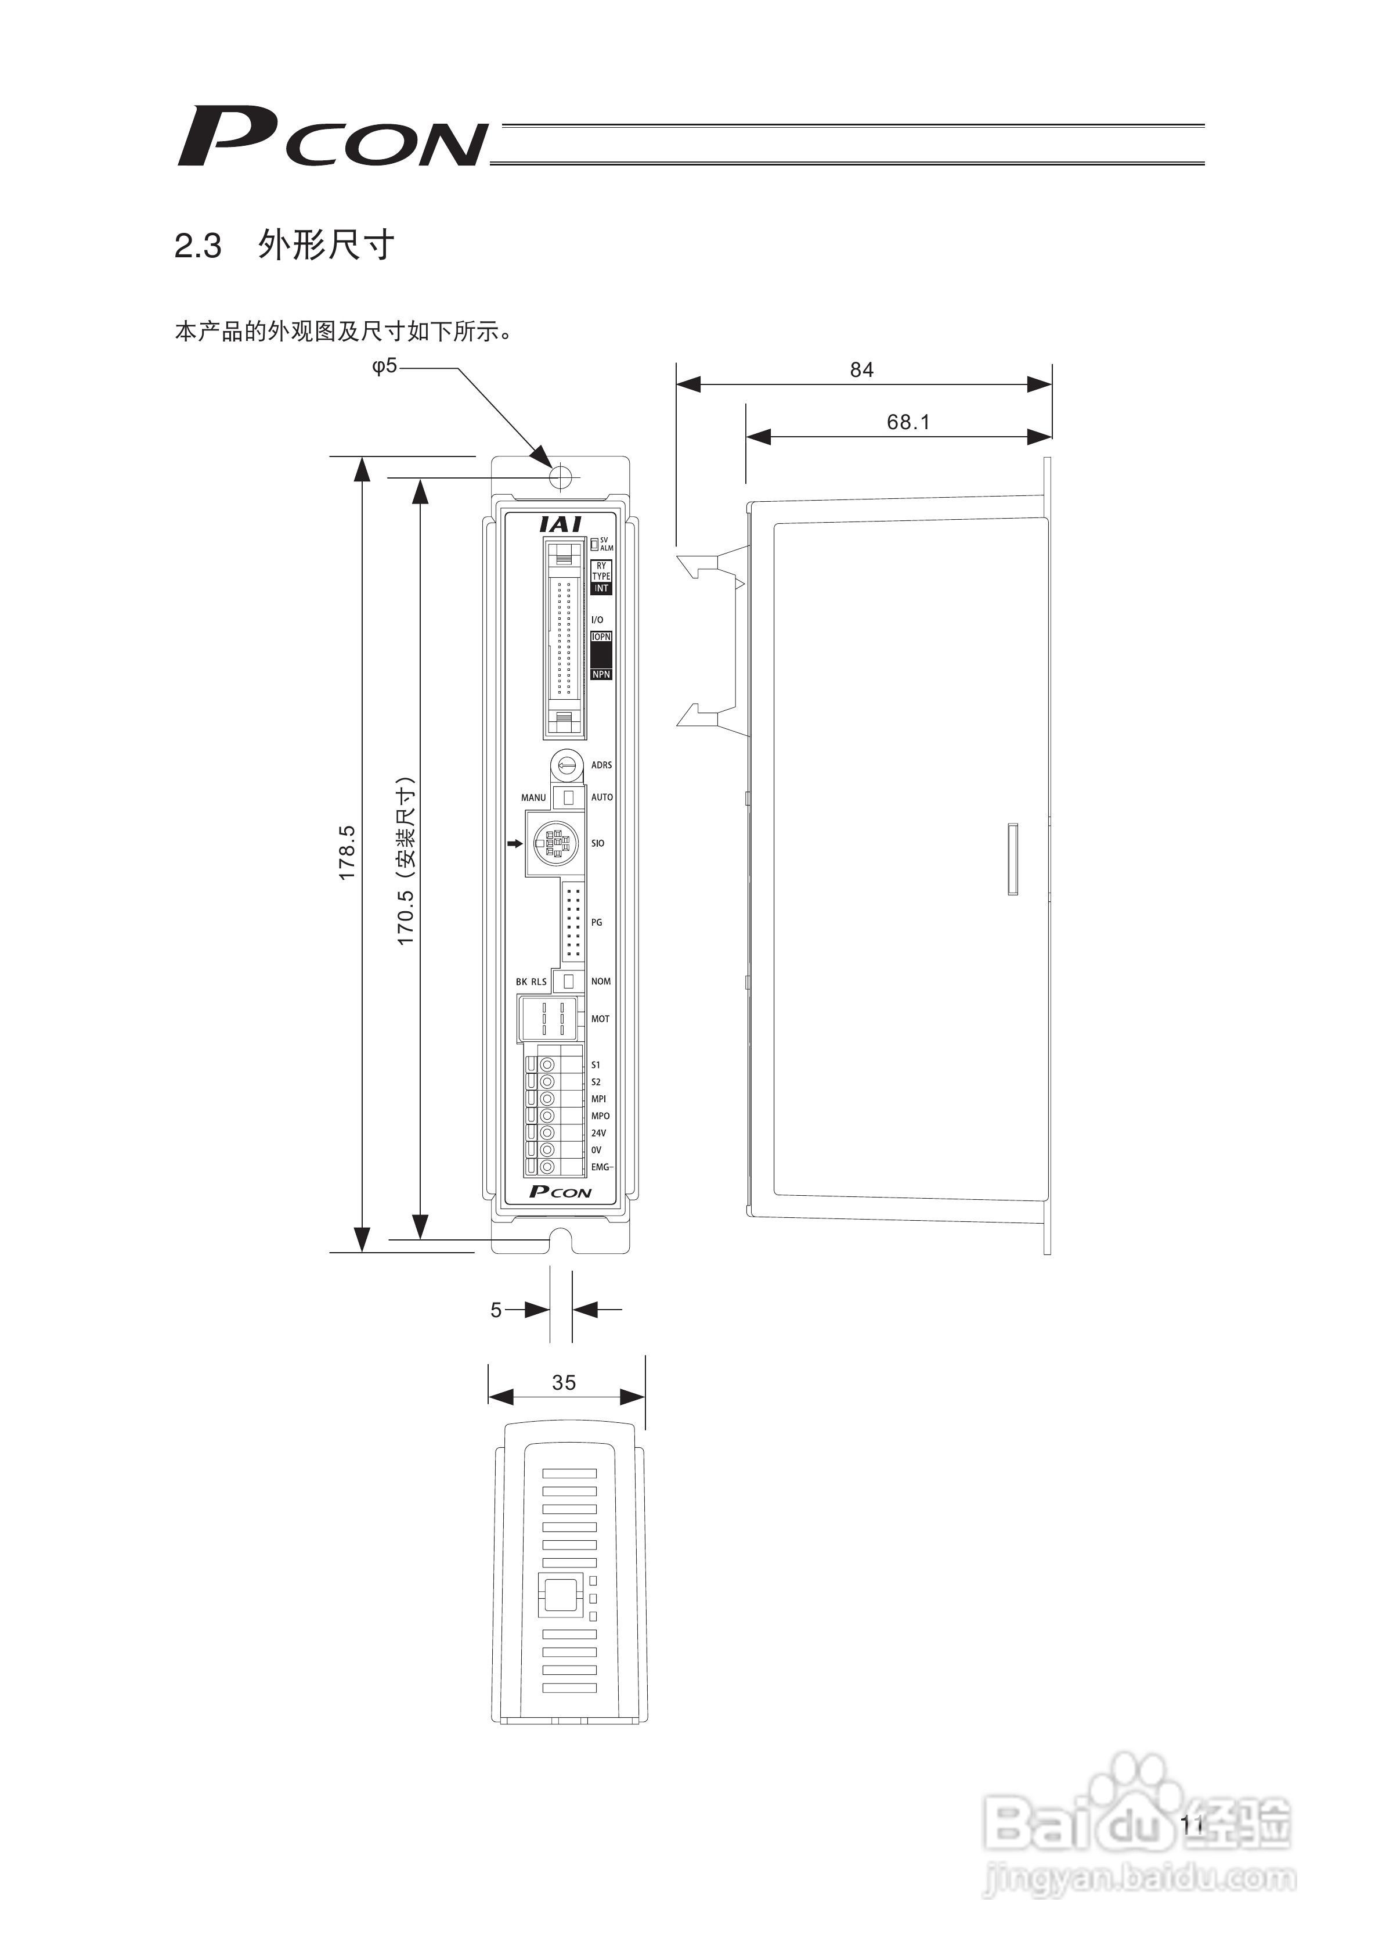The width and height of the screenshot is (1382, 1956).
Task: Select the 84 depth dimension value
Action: [862, 370]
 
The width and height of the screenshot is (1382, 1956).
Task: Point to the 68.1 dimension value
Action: [908, 422]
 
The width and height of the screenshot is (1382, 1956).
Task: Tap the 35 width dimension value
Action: [564, 1383]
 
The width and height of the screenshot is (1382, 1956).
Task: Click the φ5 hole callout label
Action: [385, 366]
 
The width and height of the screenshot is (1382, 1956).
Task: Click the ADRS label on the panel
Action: [601, 765]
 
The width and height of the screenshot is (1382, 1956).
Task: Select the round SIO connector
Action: [554, 843]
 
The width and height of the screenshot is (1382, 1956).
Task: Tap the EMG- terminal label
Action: [602, 1167]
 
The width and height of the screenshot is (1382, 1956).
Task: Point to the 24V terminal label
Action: [598, 1133]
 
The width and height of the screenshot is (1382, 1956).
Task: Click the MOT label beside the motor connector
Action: [600, 1019]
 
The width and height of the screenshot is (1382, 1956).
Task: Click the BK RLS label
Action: [531, 981]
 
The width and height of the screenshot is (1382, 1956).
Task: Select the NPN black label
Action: [602, 675]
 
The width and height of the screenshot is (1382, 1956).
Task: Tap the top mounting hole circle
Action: [560, 476]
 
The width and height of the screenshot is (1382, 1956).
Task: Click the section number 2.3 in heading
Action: [197, 247]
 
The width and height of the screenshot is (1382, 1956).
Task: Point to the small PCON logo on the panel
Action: [560, 1192]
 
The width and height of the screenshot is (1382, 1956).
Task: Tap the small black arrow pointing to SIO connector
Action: [514, 843]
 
